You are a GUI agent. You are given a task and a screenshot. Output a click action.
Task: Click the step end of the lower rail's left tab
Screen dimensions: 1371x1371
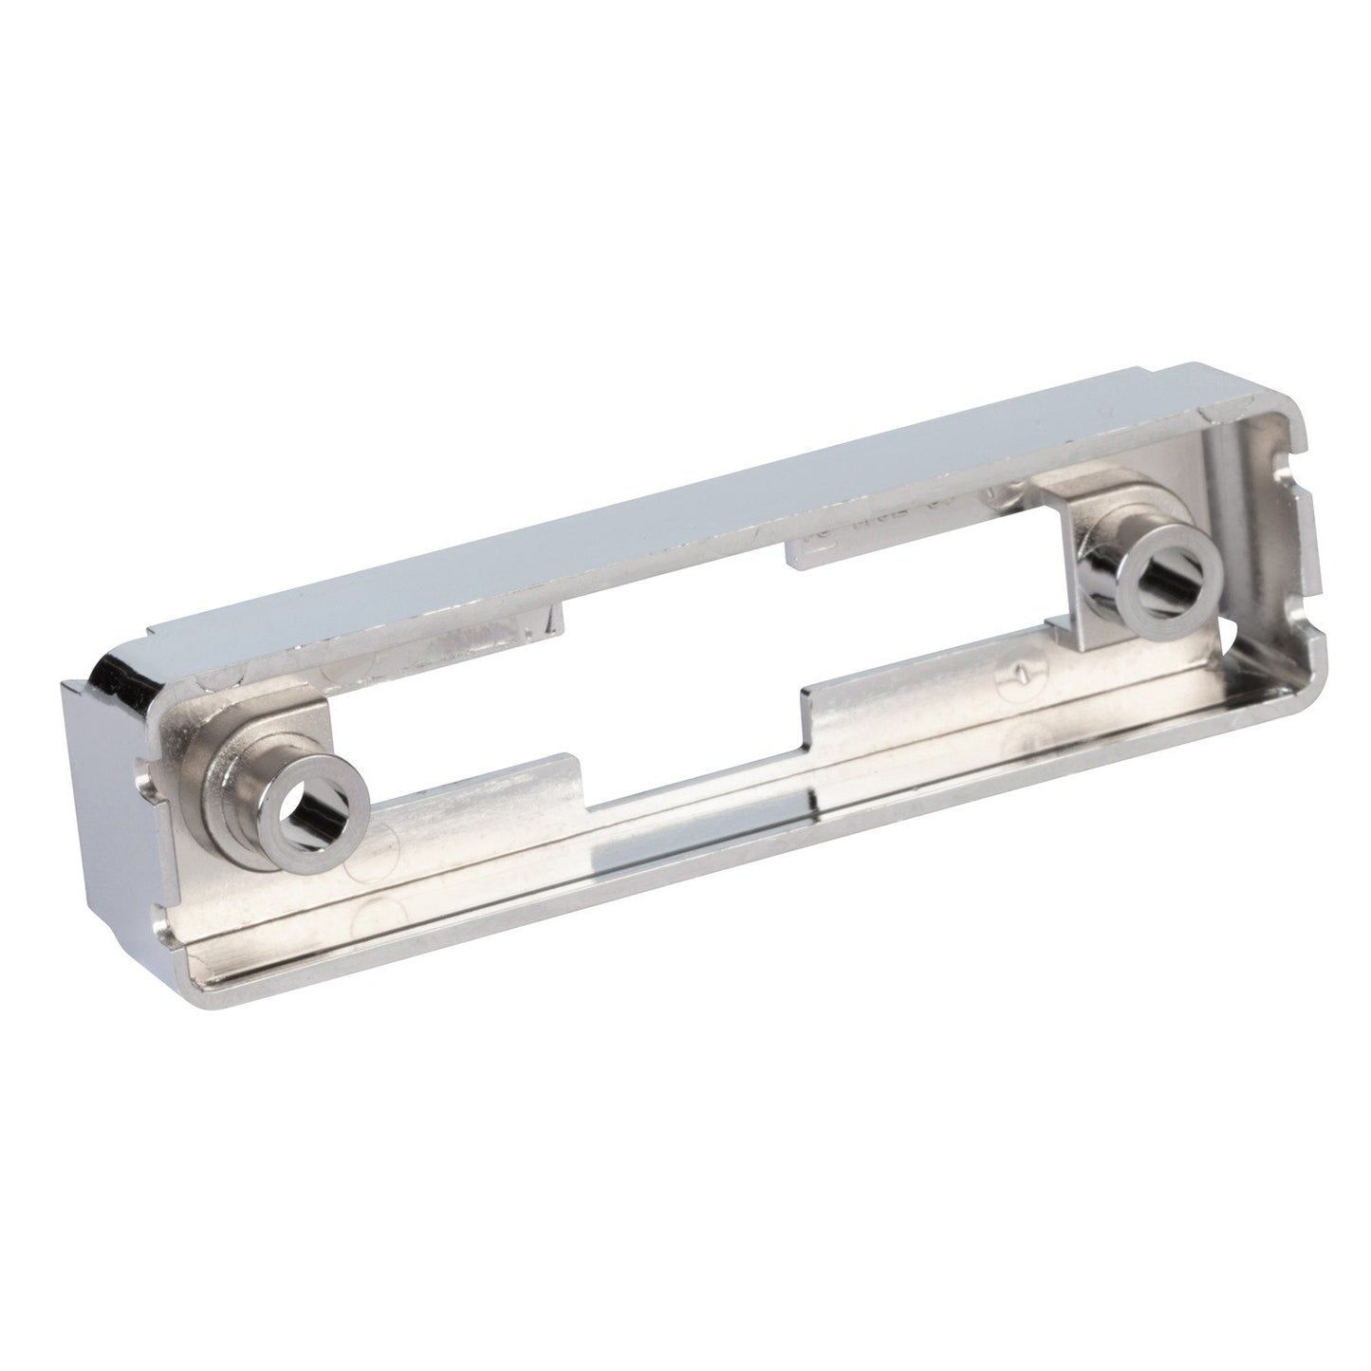(569, 769)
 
